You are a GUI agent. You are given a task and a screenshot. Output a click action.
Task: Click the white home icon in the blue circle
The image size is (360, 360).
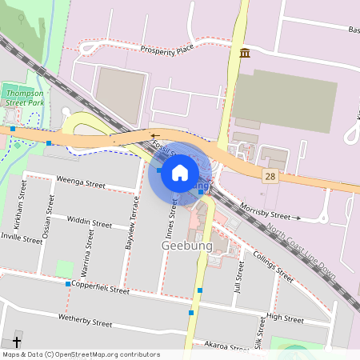(x=180, y=172)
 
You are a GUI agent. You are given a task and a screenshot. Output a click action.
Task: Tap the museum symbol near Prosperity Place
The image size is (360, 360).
(x=244, y=53)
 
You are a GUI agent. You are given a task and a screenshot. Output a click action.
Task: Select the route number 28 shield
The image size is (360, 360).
(x=272, y=176)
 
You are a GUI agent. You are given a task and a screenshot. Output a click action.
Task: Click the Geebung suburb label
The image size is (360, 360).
(x=187, y=246)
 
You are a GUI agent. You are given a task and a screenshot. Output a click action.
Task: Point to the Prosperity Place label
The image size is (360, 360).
(x=167, y=50)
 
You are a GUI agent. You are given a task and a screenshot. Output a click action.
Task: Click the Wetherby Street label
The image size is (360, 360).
(x=86, y=322)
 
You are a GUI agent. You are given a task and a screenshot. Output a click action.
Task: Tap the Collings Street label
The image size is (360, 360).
(x=274, y=266)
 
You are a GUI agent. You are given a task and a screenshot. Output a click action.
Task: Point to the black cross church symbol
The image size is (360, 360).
(x=17, y=341)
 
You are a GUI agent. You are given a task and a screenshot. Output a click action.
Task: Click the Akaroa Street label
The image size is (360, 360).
(x=227, y=346)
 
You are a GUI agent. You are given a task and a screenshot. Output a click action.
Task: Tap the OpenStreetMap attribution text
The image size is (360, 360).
(x=81, y=354)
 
